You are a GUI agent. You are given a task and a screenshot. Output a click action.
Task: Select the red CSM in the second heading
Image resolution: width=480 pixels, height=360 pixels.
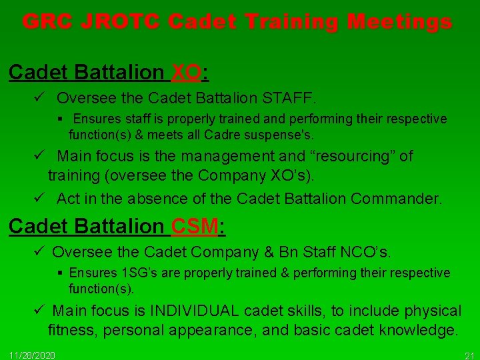point(194,227)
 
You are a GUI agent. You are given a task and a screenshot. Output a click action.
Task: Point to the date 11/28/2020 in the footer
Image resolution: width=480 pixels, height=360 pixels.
point(33,354)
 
